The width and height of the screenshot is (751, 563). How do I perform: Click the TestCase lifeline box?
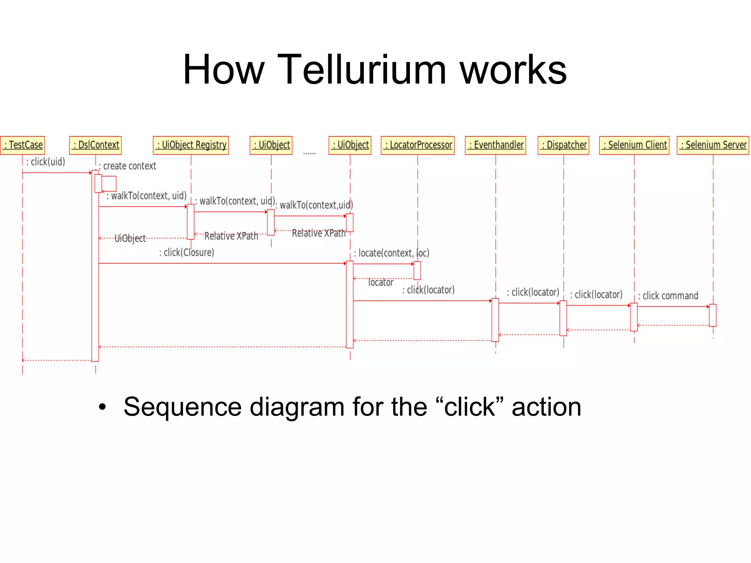[23, 145]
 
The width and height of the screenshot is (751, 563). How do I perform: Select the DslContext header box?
[95, 145]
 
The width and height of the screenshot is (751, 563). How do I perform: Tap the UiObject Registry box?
[191, 145]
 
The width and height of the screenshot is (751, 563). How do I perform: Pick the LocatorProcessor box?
[417, 145]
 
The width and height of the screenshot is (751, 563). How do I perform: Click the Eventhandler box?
[495, 145]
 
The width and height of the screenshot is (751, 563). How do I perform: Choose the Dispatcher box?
[563, 145]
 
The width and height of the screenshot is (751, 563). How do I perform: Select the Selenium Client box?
[634, 145]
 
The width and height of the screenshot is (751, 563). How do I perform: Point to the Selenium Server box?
[712, 145]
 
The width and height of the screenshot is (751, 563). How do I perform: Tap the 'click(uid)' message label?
[46, 162]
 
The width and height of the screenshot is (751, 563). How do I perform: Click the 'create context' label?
[128, 166]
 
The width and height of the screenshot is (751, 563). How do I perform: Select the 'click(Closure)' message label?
[187, 252]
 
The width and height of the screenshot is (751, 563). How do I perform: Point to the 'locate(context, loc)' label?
[392, 253]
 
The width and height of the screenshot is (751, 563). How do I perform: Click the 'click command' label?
[668, 296]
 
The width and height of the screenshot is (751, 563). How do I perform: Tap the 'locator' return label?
[381, 282]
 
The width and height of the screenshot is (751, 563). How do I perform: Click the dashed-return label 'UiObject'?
[130, 238]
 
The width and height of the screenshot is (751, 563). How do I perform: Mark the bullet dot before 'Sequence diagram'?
[102, 407]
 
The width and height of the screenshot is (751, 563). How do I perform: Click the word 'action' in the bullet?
[546, 407]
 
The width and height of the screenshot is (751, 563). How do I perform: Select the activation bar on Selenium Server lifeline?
[712, 315]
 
